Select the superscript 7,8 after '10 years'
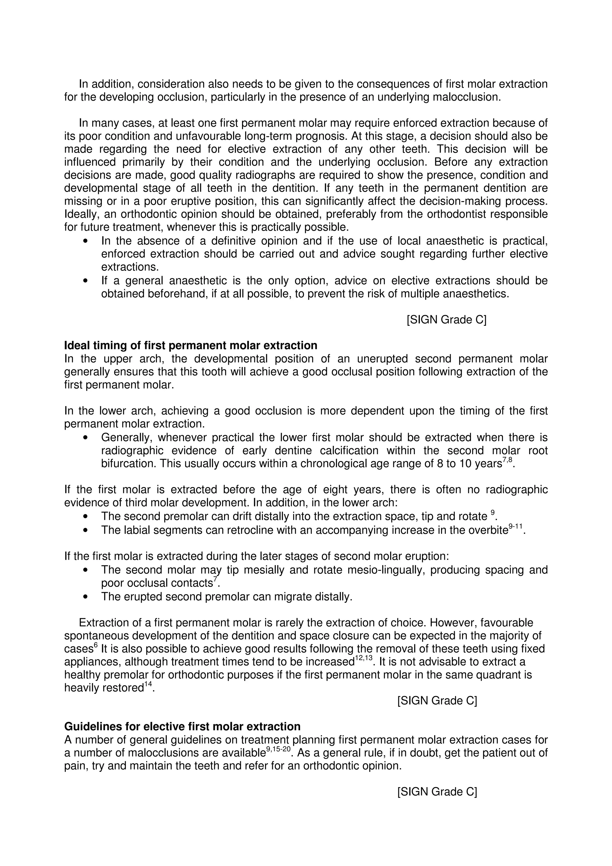pos(507,461)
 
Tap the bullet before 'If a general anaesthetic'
pos(86,281)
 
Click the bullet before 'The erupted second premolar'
pos(86,597)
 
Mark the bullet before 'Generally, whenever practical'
pos(86,438)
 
